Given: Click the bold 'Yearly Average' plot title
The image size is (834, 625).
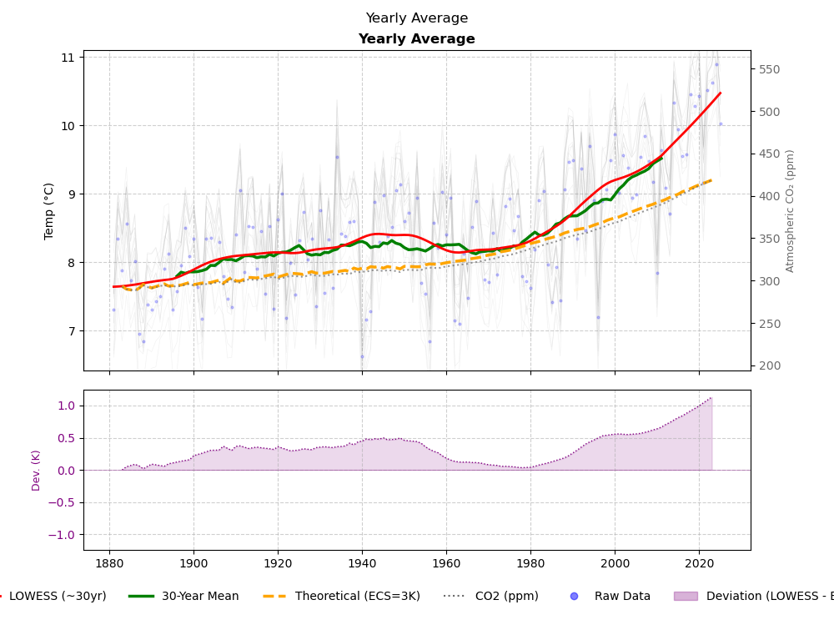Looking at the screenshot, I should pyautogui.click(x=416, y=39).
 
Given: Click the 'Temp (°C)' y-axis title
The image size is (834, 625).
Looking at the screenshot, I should pyautogui.click(x=49, y=210).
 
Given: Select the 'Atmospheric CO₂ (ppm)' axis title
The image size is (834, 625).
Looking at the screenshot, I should pyautogui.click(x=790, y=210).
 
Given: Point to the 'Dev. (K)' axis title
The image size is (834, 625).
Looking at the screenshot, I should pyautogui.click(x=37, y=470).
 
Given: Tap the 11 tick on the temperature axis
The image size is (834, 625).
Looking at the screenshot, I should pyautogui.click(x=67, y=58).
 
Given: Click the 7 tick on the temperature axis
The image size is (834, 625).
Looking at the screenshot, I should pyautogui.click(x=70, y=331).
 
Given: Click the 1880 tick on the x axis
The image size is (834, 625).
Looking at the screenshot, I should pyautogui.click(x=109, y=563).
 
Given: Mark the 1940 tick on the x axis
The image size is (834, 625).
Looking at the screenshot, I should pyautogui.click(x=362, y=563).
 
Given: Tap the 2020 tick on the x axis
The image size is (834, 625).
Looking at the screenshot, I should pyautogui.click(x=699, y=563).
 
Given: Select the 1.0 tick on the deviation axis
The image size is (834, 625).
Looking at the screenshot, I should pyautogui.click(x=65, y=406).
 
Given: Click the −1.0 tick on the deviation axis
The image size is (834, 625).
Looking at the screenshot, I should pyautogui.click(x=62, y=535).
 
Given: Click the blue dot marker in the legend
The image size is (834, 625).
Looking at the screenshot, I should pyautogui.click(x=574, y=597).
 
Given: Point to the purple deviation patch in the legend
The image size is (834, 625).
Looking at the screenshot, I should pyautogui.click(x=686, y=597).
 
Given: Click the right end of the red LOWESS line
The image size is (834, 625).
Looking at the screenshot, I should pyautogui.click(x=721, y=93).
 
